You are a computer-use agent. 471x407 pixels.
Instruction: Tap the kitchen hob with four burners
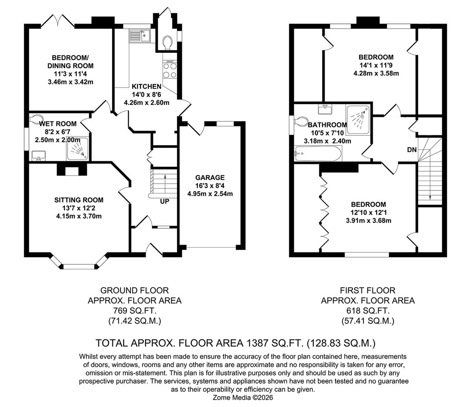click(x=169, y=70)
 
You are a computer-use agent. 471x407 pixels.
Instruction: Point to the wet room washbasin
click(x=39, y=155)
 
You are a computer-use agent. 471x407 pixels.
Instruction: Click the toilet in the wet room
click(x=36, y=120)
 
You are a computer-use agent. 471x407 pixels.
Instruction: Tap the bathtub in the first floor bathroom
click(x=318, y=154)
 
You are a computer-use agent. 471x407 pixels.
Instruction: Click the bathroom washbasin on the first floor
click(x=325, y=109)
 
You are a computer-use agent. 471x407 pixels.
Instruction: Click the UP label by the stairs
click(x=165, y=201)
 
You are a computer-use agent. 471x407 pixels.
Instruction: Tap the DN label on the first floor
click(x=412, y=150)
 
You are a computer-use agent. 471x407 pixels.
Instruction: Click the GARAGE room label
click(x=210, y=177)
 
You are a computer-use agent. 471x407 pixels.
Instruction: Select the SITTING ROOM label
click(x=78, y=200)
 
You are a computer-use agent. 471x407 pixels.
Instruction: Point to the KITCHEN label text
click(x=146, y=87)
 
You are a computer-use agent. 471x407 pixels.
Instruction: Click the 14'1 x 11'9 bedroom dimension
click(x=376, y=65)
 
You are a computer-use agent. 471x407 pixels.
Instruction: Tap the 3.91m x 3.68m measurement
click(x=368, y=220)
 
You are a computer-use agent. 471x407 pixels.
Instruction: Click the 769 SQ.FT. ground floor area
click(x=134, y=311)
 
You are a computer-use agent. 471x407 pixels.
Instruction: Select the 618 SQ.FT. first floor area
click(x=368, y=311)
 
